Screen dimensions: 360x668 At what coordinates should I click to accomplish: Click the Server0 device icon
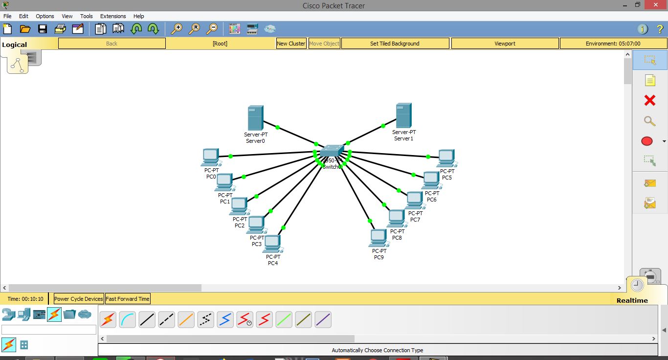[x=255, y=117]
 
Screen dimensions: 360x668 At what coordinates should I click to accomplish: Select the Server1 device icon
[x=403, y=115]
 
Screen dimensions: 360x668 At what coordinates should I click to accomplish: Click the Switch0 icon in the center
[x=333, y=151]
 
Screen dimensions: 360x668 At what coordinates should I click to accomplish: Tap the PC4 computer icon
[x=272, y=244]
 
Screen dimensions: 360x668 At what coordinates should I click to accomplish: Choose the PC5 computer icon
[x=446, y=158]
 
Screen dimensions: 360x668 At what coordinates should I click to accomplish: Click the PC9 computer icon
[x=379, y=238]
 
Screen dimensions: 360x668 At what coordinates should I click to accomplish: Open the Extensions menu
[x=113, y=16]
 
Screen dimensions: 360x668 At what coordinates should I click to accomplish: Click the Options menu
[x=45, y=16]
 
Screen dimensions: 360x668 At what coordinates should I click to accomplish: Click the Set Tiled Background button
[x=395, y=44]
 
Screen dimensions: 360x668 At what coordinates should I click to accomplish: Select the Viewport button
[x=505, y=44]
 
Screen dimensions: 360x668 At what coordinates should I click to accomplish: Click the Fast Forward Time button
[x=128, y=299]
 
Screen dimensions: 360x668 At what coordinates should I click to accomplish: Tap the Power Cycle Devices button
[x=79, y=299]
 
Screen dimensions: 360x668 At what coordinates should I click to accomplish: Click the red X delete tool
[x=649, y=100]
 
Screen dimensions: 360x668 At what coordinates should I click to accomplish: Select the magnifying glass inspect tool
[x=649, y=121]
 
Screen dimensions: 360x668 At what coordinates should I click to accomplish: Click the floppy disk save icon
[x=43, y=29]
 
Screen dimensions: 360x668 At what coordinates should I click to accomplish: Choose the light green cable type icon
[x=284, y=320]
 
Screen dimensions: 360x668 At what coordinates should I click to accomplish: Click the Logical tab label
[x=15, y=45]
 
